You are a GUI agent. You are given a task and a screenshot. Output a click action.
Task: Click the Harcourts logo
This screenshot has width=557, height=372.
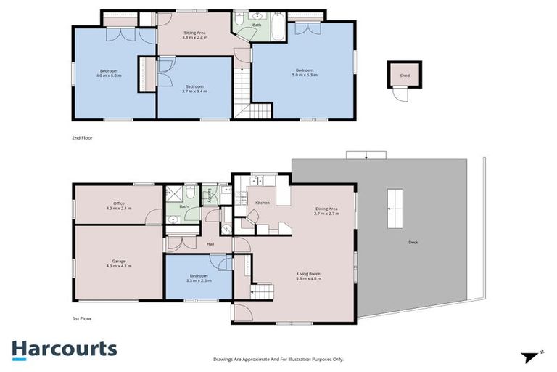point(64,349)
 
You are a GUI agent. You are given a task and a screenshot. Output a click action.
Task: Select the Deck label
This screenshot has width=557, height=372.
point(413,242)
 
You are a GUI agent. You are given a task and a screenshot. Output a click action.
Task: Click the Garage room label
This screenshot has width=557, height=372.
point(118,262)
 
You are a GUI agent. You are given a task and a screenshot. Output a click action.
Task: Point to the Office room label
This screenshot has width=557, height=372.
point(118,206)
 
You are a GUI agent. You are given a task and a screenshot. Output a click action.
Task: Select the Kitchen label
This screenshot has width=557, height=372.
point(262,203)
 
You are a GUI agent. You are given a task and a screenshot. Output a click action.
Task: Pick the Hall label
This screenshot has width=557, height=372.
point(210,244)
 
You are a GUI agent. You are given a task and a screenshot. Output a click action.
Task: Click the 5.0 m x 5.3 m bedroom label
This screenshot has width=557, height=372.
point(305,73)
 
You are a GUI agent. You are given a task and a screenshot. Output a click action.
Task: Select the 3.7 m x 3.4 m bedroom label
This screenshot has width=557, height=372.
point(194,89)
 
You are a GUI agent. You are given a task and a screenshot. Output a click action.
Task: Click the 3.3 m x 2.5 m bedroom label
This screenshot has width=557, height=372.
point(198,278)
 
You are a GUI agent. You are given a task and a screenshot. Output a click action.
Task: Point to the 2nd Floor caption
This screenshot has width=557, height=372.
point(82,137)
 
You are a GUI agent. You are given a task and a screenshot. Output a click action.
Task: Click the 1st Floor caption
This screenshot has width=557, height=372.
point(82,318)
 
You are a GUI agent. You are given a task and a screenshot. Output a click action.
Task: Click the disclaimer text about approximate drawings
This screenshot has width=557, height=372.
point(278,359)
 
